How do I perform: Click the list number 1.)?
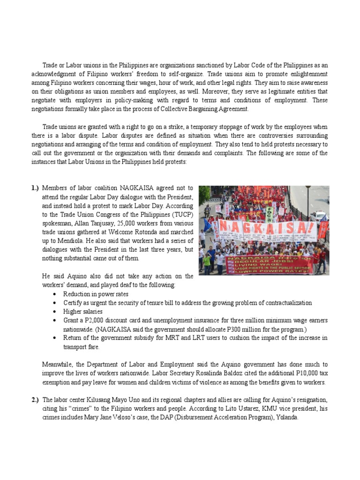point(36,188)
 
